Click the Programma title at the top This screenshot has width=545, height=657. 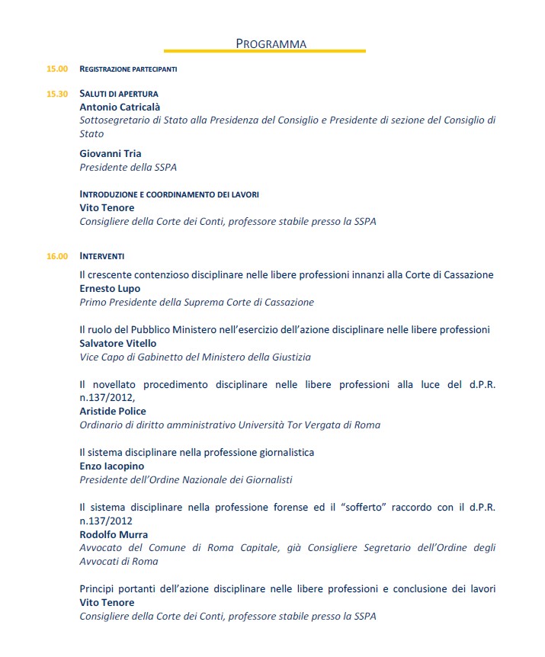point(271,43)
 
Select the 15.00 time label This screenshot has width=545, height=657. point(57,69)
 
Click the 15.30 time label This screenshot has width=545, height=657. point(57,94)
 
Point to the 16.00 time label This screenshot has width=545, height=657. point(57,256)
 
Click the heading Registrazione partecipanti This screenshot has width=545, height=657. point(128,69)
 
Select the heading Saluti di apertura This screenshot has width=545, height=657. point(119,94)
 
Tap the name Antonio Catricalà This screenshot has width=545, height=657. point(120,107)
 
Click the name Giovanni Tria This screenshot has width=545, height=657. point(111,153)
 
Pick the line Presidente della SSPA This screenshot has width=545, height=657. point(128,167)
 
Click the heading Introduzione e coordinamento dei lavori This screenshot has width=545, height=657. point(169,194)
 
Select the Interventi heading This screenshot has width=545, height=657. point(102,256)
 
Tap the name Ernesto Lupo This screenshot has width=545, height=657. point(110,289)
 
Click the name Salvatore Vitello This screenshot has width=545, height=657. point(117,343)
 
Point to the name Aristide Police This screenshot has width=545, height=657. point(113,411)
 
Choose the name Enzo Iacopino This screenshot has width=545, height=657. point(111,466)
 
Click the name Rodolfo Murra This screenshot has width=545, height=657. point(114,534)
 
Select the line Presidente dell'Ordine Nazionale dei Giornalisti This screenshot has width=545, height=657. point(186,479)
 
